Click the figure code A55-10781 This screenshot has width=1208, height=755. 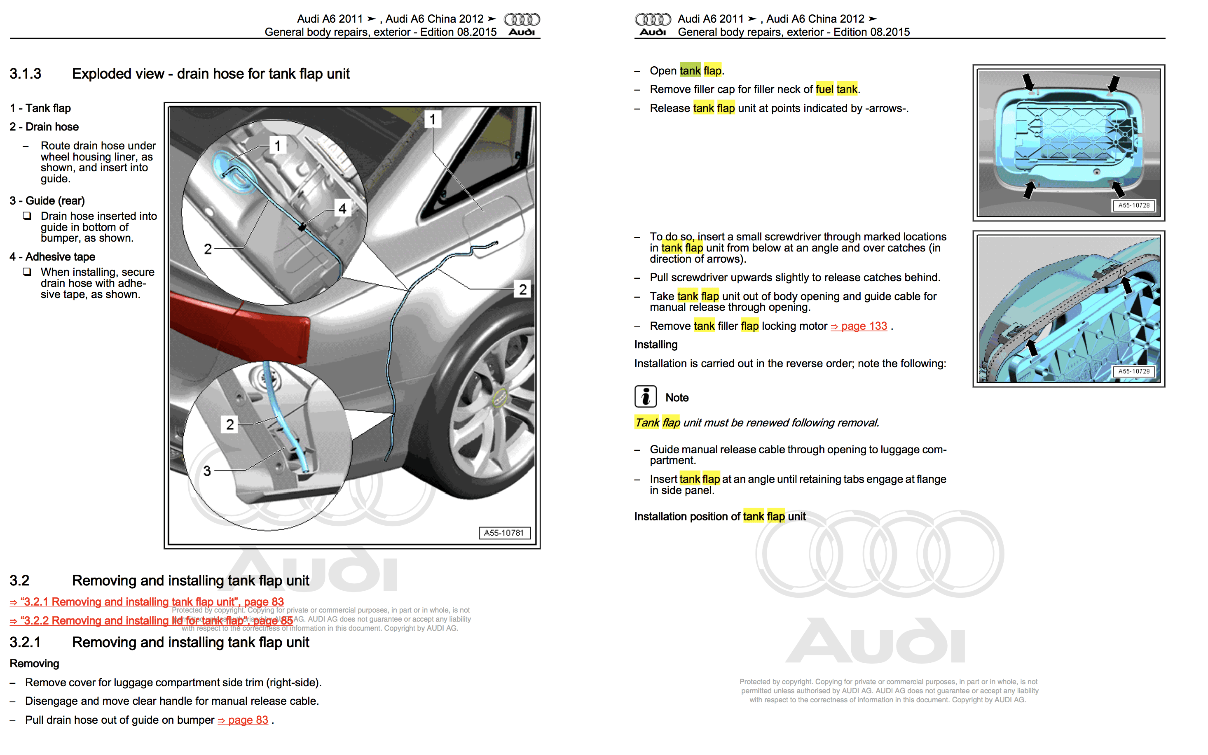click(503, 533)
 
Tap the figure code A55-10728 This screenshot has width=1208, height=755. click(1133, 205)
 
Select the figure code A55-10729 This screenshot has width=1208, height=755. click(1133, 371)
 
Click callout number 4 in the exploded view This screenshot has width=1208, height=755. click(342, 208)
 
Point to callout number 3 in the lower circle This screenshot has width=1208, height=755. click(207, 471)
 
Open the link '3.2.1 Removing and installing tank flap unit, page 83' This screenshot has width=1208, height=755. click(147, 602)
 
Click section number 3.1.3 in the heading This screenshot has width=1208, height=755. click(26, 74)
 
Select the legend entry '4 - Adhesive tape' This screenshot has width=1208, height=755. click(52, 256)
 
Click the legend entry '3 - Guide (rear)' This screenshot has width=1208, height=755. click(47, 201)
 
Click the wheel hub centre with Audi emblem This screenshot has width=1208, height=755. click(500, 398)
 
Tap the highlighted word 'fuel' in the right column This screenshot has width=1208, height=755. click(824, 89)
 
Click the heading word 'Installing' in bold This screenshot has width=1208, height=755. click(656, 345)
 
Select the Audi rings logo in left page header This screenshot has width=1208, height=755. click(522, 19)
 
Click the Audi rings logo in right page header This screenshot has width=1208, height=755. click(653, 19)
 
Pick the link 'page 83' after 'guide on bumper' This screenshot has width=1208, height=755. click(243, 720)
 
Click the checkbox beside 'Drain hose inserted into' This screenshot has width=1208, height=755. click(27, 216)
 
